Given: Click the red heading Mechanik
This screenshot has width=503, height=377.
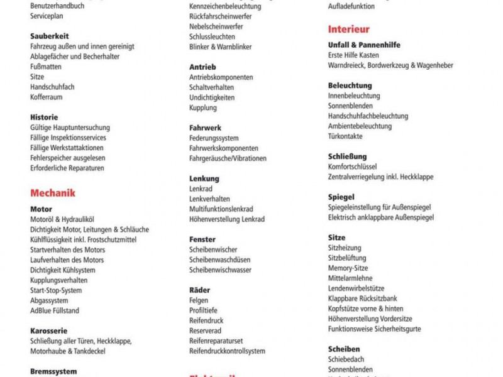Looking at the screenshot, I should pos(53,193).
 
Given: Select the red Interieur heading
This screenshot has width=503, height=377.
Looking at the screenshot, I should pos(349,29).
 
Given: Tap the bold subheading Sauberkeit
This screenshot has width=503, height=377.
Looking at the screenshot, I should pos(50,36).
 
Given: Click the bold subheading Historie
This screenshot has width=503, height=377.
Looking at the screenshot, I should pos(44,117).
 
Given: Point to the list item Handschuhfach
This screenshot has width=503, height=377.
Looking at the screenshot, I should pos(52,87).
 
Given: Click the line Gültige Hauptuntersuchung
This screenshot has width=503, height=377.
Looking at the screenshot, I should pos(70,128).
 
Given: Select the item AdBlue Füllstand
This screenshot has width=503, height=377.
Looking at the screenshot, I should pos(55,310).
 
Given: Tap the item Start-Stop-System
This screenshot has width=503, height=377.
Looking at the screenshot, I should pos(56,290).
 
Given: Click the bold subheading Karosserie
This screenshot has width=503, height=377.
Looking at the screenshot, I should pos(49,331).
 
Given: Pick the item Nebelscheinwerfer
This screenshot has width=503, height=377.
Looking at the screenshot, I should pos(216,26).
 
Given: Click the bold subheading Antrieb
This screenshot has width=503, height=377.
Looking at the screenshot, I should pos(202,67).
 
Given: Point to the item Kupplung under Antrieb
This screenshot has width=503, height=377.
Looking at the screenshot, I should pos(203,107).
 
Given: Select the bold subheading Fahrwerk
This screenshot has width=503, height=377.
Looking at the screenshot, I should pos(205,128).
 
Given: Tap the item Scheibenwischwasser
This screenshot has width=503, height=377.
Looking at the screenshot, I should pos(220,270).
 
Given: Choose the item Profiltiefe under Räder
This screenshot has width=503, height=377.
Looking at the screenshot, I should pos(203,310).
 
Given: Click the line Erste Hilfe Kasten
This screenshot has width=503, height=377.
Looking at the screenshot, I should pos(353,55).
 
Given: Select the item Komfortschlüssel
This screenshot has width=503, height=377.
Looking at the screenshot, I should pos(352,167).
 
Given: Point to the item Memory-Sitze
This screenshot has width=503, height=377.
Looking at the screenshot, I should pos(348,268).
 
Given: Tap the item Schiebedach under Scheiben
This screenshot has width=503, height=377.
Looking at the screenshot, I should pos(346,359).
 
